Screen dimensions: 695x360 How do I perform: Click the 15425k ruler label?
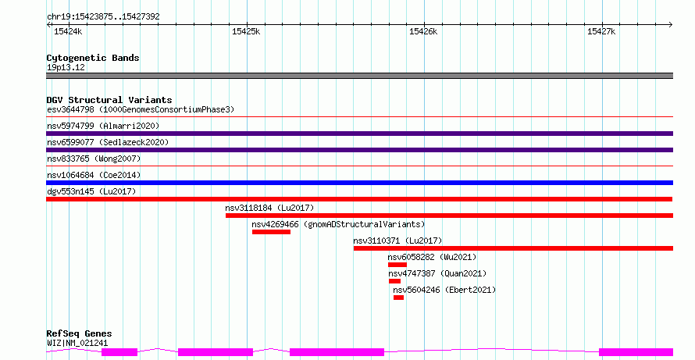pos(246,31)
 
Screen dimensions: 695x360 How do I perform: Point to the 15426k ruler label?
pos(423,31)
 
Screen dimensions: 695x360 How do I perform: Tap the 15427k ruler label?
pos(601,31)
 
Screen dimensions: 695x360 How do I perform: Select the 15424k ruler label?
pos(68,31)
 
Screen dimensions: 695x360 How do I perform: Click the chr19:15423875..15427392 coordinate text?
pos(103,17)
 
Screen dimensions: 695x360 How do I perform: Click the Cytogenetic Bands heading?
pos(93,58)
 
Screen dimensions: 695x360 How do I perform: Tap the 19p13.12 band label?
pos(66,67)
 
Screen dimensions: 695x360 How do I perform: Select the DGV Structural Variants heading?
pos(109,100)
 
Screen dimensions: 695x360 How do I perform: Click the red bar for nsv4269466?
pos(271,232)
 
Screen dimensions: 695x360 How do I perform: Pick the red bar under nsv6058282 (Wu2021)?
pos(397,265)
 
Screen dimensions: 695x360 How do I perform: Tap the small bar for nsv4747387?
pos(394,281)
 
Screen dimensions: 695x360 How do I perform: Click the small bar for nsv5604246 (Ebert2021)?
pos(398,298)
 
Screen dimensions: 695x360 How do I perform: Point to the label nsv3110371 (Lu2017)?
pos(397,241)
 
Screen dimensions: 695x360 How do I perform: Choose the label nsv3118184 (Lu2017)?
pos(269,208)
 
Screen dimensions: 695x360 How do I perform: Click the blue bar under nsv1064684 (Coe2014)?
pos(359,183)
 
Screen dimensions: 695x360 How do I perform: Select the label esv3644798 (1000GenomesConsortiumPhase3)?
pos(141,109)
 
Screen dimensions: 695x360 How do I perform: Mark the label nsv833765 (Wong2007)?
pos(94,159)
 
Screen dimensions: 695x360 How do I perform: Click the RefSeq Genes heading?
pos(79,333)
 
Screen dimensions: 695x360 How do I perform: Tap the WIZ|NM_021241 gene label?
pos(77,343)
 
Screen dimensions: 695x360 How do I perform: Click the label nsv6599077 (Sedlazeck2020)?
pos(108,142)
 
